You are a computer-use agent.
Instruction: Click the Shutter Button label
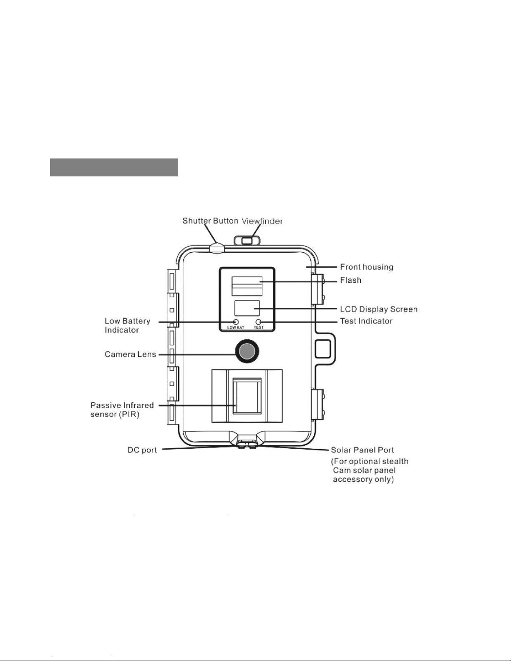click(210, 221)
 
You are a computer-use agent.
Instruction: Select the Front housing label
click(366, 267)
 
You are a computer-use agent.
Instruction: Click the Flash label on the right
click(350, 280)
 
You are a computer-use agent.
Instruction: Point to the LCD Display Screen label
click(378, 309)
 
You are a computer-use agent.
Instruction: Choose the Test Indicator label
click(366, 321)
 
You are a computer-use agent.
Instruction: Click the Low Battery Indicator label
click(127, 325)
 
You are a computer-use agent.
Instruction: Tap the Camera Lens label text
click(130, 354)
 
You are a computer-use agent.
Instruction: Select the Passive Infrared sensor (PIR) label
click(122, 410)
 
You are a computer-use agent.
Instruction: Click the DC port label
click(142, 450)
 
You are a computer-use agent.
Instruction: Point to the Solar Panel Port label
click(362, 450)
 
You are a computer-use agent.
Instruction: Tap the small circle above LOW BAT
click(236, 322)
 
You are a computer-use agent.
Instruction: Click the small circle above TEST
click(259, 322)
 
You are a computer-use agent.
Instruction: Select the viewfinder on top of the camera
click(247, 240)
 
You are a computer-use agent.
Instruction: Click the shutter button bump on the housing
click(216, 247)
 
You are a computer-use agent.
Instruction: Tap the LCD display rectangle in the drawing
click(247, 308)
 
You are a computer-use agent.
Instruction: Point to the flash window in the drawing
click(247, 285)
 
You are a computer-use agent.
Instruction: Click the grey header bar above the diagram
click(114, 167)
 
